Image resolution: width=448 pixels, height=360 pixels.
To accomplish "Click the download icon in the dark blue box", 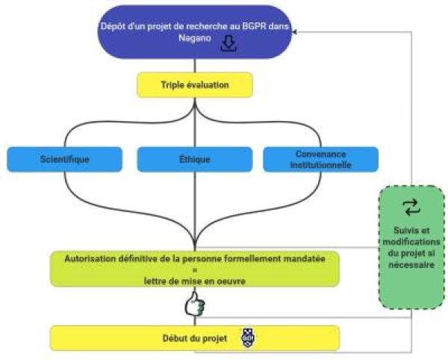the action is (x=228, y=43).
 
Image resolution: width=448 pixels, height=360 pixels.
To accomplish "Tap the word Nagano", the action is (x=195, y=38).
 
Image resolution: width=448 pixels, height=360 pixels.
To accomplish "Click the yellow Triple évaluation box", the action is (x=195, y=85).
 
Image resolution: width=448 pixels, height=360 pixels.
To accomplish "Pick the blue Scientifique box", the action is (x=64, y=159).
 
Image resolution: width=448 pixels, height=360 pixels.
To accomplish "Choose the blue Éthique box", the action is (x=195, y=159).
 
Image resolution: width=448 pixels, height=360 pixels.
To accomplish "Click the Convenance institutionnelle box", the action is (x=321, y=159).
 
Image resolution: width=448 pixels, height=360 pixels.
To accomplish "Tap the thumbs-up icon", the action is (x=195, y=304).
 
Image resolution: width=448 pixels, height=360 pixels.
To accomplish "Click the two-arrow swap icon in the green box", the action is (x=411, y=208).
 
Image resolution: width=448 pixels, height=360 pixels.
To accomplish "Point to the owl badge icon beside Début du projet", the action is (x=248, y=338).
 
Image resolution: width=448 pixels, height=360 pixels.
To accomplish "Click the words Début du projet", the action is (x=195, y=338).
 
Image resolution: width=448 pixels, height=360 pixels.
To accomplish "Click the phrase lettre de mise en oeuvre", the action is (x=195, y=282).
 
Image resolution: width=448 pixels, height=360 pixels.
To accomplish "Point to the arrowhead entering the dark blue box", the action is (x=295, y=32).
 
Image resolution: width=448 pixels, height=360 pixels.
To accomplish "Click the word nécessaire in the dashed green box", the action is (x=411, y=264).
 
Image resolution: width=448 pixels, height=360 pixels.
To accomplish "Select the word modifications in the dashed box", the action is (x=411, y=242).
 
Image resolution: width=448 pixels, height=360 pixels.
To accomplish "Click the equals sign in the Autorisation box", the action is (x=195, y=270).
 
